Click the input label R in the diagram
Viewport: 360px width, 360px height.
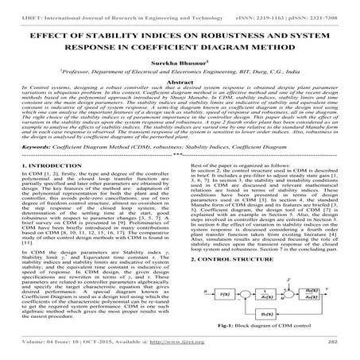coord(195,291)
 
